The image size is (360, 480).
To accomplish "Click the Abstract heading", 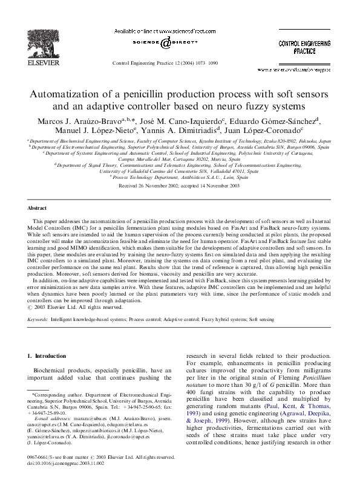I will pos(38,207).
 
